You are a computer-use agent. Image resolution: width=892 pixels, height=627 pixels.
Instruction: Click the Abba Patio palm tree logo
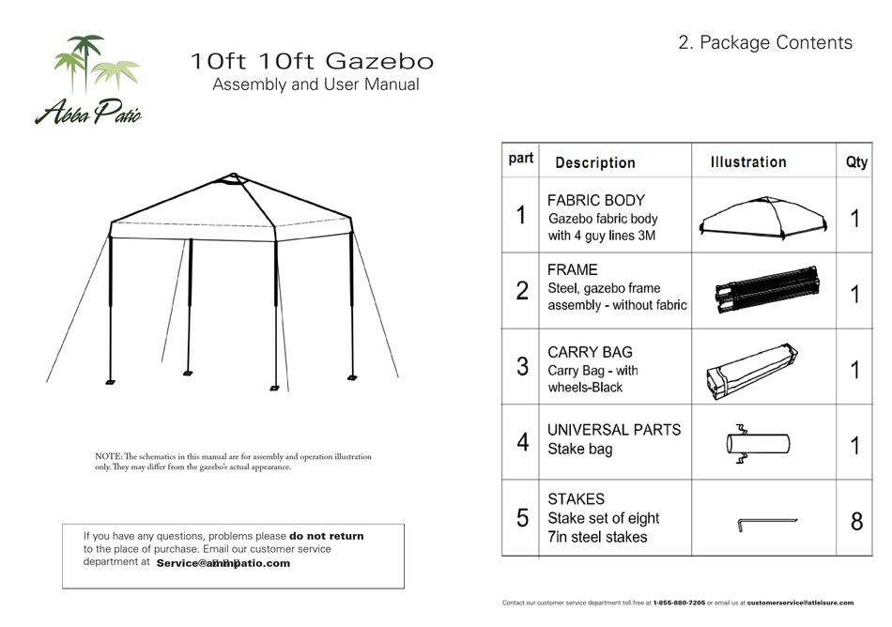click(x=88, y=80)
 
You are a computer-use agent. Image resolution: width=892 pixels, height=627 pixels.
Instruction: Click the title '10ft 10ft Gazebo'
click(x=312, y=62)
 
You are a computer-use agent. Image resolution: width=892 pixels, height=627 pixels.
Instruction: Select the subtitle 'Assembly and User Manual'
click(x=315, y=85)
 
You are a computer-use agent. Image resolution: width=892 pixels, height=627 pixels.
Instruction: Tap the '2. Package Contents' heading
click(x=764, y=42)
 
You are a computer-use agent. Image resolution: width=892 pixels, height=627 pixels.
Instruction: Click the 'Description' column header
click(x=594, y=162)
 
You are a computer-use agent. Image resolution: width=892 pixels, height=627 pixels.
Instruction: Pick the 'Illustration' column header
click(x=747, y=161)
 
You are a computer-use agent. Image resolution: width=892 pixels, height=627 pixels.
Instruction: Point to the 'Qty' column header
click(x=856, y=161)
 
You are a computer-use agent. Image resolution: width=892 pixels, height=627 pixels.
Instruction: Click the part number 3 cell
click(x=522, y=367)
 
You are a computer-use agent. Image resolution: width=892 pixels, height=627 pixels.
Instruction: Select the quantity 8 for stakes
click(x=856, y=520)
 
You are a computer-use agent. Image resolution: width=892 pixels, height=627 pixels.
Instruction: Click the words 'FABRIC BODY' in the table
click(x=595, y=200)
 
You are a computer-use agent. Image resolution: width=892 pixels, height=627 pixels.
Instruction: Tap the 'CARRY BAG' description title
click(x=590, y=352)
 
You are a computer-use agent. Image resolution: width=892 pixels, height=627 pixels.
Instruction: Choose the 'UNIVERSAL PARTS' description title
click(x=614, y=429)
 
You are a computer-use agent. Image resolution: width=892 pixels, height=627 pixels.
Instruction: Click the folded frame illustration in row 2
click(x=762, y=291)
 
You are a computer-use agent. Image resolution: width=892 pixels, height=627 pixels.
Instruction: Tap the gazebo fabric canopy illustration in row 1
click(x=763, y=218)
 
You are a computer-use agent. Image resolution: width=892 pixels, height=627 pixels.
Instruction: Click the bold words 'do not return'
click(x=326, y=536)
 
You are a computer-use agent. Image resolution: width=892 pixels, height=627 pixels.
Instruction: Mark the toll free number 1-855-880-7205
click(x=679, y=603)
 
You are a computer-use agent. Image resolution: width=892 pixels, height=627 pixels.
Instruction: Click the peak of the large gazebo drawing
click(x=231, y=176)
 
